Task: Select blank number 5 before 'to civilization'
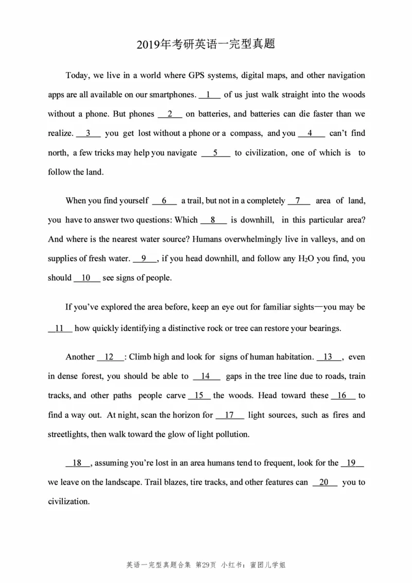pyautogui.click(x=215, y=153)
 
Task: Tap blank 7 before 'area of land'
pyautogui.click(x=299, y=201)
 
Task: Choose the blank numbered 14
pyautogui.click(x=207, y=376)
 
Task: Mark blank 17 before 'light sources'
pyautogui.click(x=230, y=415)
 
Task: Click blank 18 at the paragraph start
pyautogui.click(x=78, y=464)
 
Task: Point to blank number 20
pyautogui.click(x=324, y=483)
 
